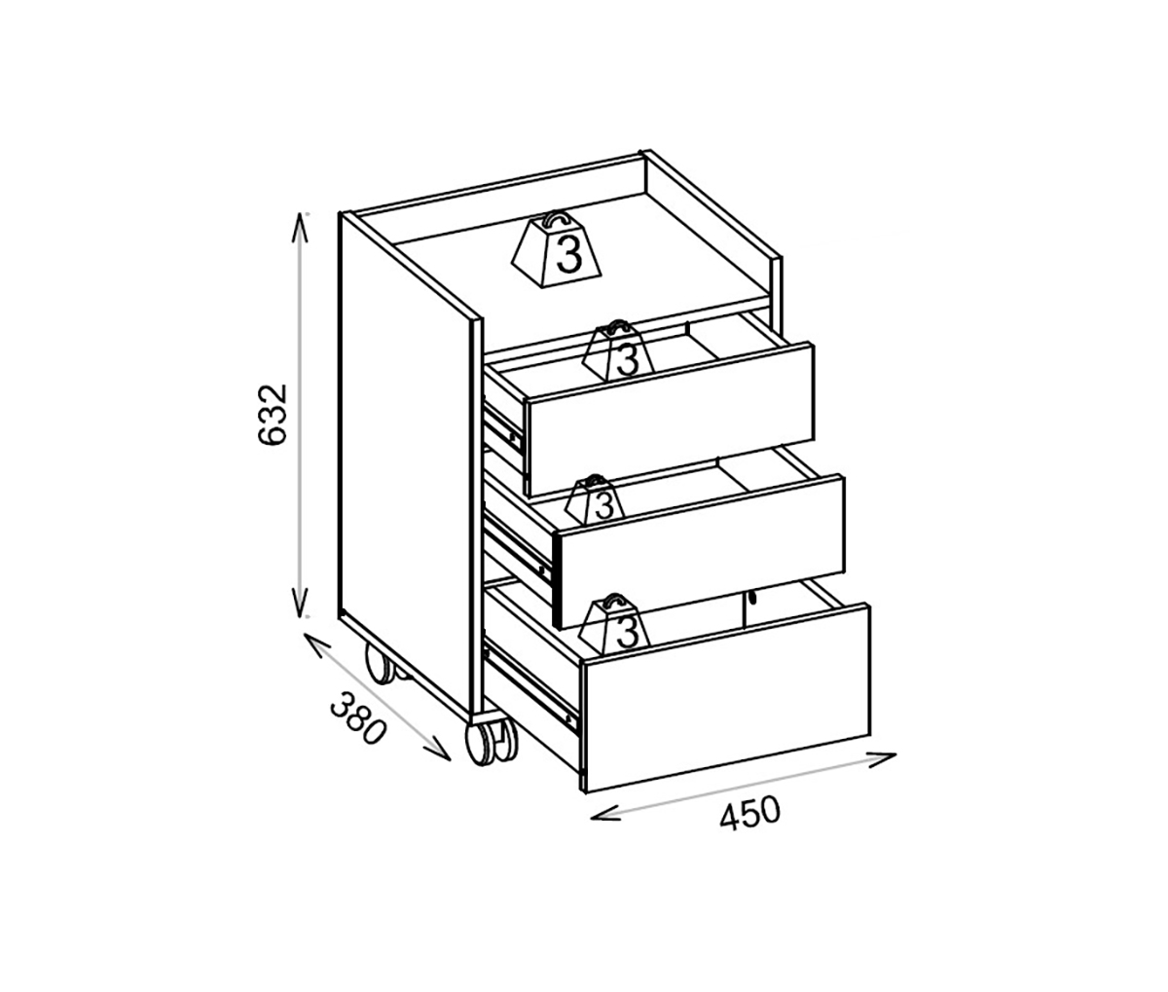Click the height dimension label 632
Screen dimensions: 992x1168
(x=274, y=415)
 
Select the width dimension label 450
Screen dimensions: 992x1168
(x=749, y=812)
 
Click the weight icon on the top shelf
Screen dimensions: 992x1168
(x=558, y=251)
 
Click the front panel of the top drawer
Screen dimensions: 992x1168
(x=670, y=419)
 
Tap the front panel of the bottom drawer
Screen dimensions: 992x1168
(x=725, y=696)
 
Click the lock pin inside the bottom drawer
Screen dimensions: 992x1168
(x=752, y=601)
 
